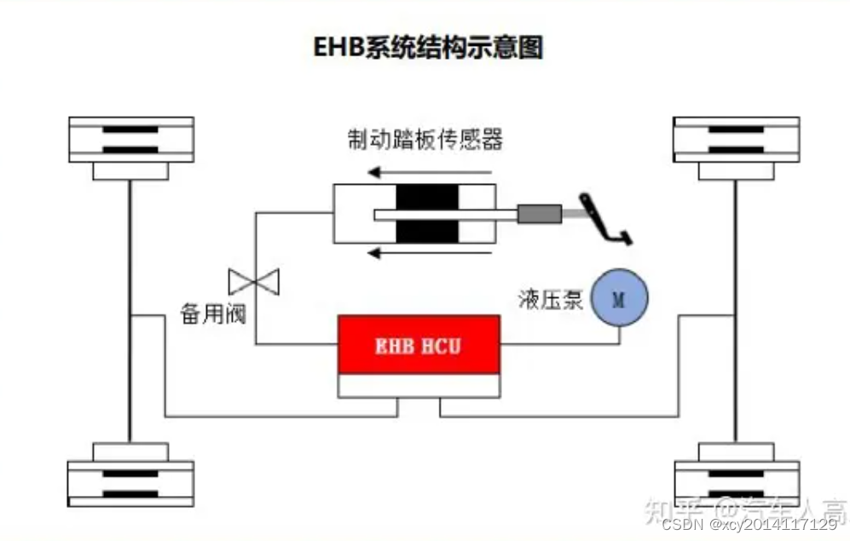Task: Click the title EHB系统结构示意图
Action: coord(427,48)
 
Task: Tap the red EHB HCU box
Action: coord(419,345)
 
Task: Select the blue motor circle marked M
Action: coord(620,297)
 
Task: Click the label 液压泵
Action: coord(550,300)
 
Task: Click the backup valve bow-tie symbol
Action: coord(254,279)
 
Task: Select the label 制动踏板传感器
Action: coord(425,139)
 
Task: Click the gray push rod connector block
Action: coord(539,214)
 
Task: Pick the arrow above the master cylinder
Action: coord(435,173)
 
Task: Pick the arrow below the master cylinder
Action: coord(435,253)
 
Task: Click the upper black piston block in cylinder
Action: coord(426,197)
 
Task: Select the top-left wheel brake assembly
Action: coord(130,146)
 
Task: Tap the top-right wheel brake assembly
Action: coord(736,146)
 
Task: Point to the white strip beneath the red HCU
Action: coord(419,386)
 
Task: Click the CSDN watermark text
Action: coord(749,523)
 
